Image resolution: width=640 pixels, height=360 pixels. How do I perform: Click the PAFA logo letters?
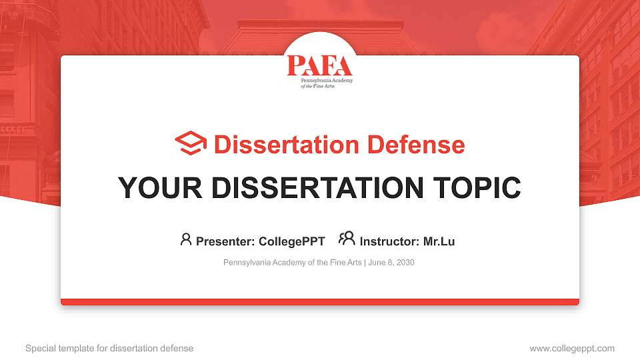tap(319, 65)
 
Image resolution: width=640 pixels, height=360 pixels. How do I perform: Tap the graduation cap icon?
tap(191, 144)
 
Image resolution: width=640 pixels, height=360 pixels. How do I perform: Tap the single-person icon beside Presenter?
tap(186, 239)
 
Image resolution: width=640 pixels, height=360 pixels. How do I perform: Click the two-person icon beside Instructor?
tap(347, 239)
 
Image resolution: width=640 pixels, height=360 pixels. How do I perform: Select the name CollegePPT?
tap(291, 241)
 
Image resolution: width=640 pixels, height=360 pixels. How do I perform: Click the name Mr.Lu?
tap(439, 241)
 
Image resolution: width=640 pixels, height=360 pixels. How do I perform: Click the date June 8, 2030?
tap(391, 263)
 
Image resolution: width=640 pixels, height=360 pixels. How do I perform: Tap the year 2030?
tap(405, 263)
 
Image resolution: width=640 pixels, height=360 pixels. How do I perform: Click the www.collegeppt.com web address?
tap(572, 348)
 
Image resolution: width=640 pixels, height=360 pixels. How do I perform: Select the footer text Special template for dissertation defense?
tap(109, 348)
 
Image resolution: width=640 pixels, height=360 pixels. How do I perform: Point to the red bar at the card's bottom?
tap(320, 302)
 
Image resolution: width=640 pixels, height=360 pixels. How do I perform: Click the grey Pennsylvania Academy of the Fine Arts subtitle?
tap(292, 263)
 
